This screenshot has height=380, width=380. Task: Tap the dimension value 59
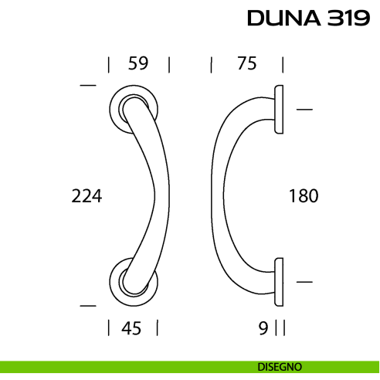point(137,64)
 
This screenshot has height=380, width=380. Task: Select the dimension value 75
point(246,64)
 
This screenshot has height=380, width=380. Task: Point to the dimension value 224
point(87,196)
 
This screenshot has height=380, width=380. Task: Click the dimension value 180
point(303,196)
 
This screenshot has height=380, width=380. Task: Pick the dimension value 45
point(131,328)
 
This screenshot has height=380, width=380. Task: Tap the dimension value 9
point(263,328)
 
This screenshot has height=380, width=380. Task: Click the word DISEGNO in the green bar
point(280,366)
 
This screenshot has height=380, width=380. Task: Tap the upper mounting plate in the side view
point(280,109)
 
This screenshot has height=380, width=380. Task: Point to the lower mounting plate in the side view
point(280,282)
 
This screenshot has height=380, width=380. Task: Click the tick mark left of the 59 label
point(109,64)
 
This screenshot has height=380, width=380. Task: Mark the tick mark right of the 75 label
point(283,64)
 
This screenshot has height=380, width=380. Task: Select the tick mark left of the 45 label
point(109,328)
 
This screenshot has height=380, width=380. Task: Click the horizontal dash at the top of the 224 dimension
point(88,83)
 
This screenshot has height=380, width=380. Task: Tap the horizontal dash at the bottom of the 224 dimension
point(88,304)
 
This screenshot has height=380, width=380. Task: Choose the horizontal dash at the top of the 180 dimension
point(304,110)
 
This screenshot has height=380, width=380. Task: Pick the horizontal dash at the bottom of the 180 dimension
point(304,283)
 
